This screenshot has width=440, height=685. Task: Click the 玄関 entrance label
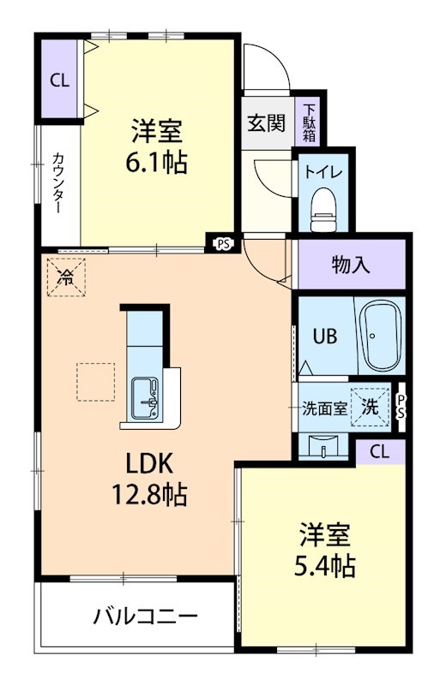[266, 123]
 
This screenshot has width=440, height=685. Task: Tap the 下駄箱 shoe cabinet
[310, 122]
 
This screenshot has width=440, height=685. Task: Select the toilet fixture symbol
[323, 210]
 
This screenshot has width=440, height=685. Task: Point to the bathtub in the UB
[380, 335]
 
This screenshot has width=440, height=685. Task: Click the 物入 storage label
[351, 265]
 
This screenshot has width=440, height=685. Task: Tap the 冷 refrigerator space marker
[66, 277]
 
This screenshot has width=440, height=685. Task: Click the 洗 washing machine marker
[371, 408]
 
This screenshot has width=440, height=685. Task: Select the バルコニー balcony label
[146, 616]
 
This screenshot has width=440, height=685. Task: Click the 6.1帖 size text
[157, 163]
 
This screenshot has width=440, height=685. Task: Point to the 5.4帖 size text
[324, 566]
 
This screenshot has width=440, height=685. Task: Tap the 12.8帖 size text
[150, 494]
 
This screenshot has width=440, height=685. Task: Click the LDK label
[150, 463]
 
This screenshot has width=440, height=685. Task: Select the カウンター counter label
[59, 183]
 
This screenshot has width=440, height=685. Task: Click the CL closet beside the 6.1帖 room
[59, 80]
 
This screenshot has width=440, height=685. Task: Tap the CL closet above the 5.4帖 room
[380, 452]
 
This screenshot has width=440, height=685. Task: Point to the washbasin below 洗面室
[323, 446]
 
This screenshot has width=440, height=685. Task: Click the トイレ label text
[323, 172]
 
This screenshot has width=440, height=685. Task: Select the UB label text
[325, 337]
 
